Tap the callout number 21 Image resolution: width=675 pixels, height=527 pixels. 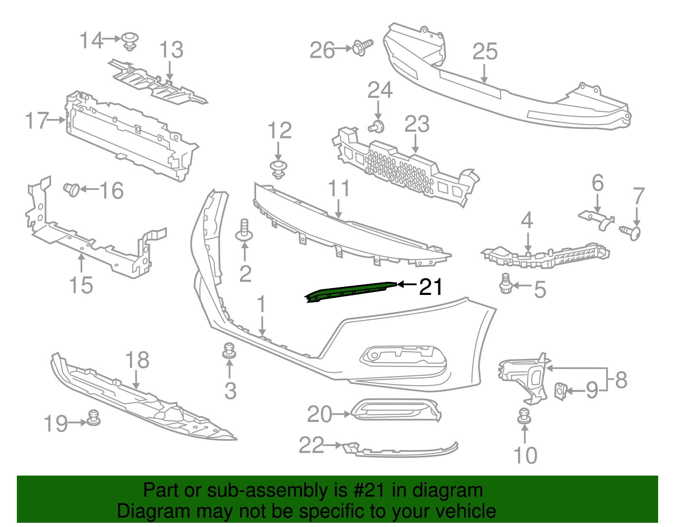point(430,287)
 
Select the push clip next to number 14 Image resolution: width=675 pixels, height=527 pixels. point(130,41)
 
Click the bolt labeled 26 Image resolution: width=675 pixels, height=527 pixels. point(362,47)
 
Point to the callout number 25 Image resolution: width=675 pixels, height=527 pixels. point(485,52)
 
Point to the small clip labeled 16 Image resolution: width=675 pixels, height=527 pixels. point(72,189)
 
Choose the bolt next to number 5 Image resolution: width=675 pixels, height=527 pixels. point(505,284)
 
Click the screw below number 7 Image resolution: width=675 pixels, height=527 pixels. point(631,232)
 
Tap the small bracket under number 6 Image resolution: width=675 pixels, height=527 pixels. point(597,219)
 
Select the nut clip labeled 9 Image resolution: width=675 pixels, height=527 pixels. point(560,391)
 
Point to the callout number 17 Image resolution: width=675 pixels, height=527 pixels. point(36,121)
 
